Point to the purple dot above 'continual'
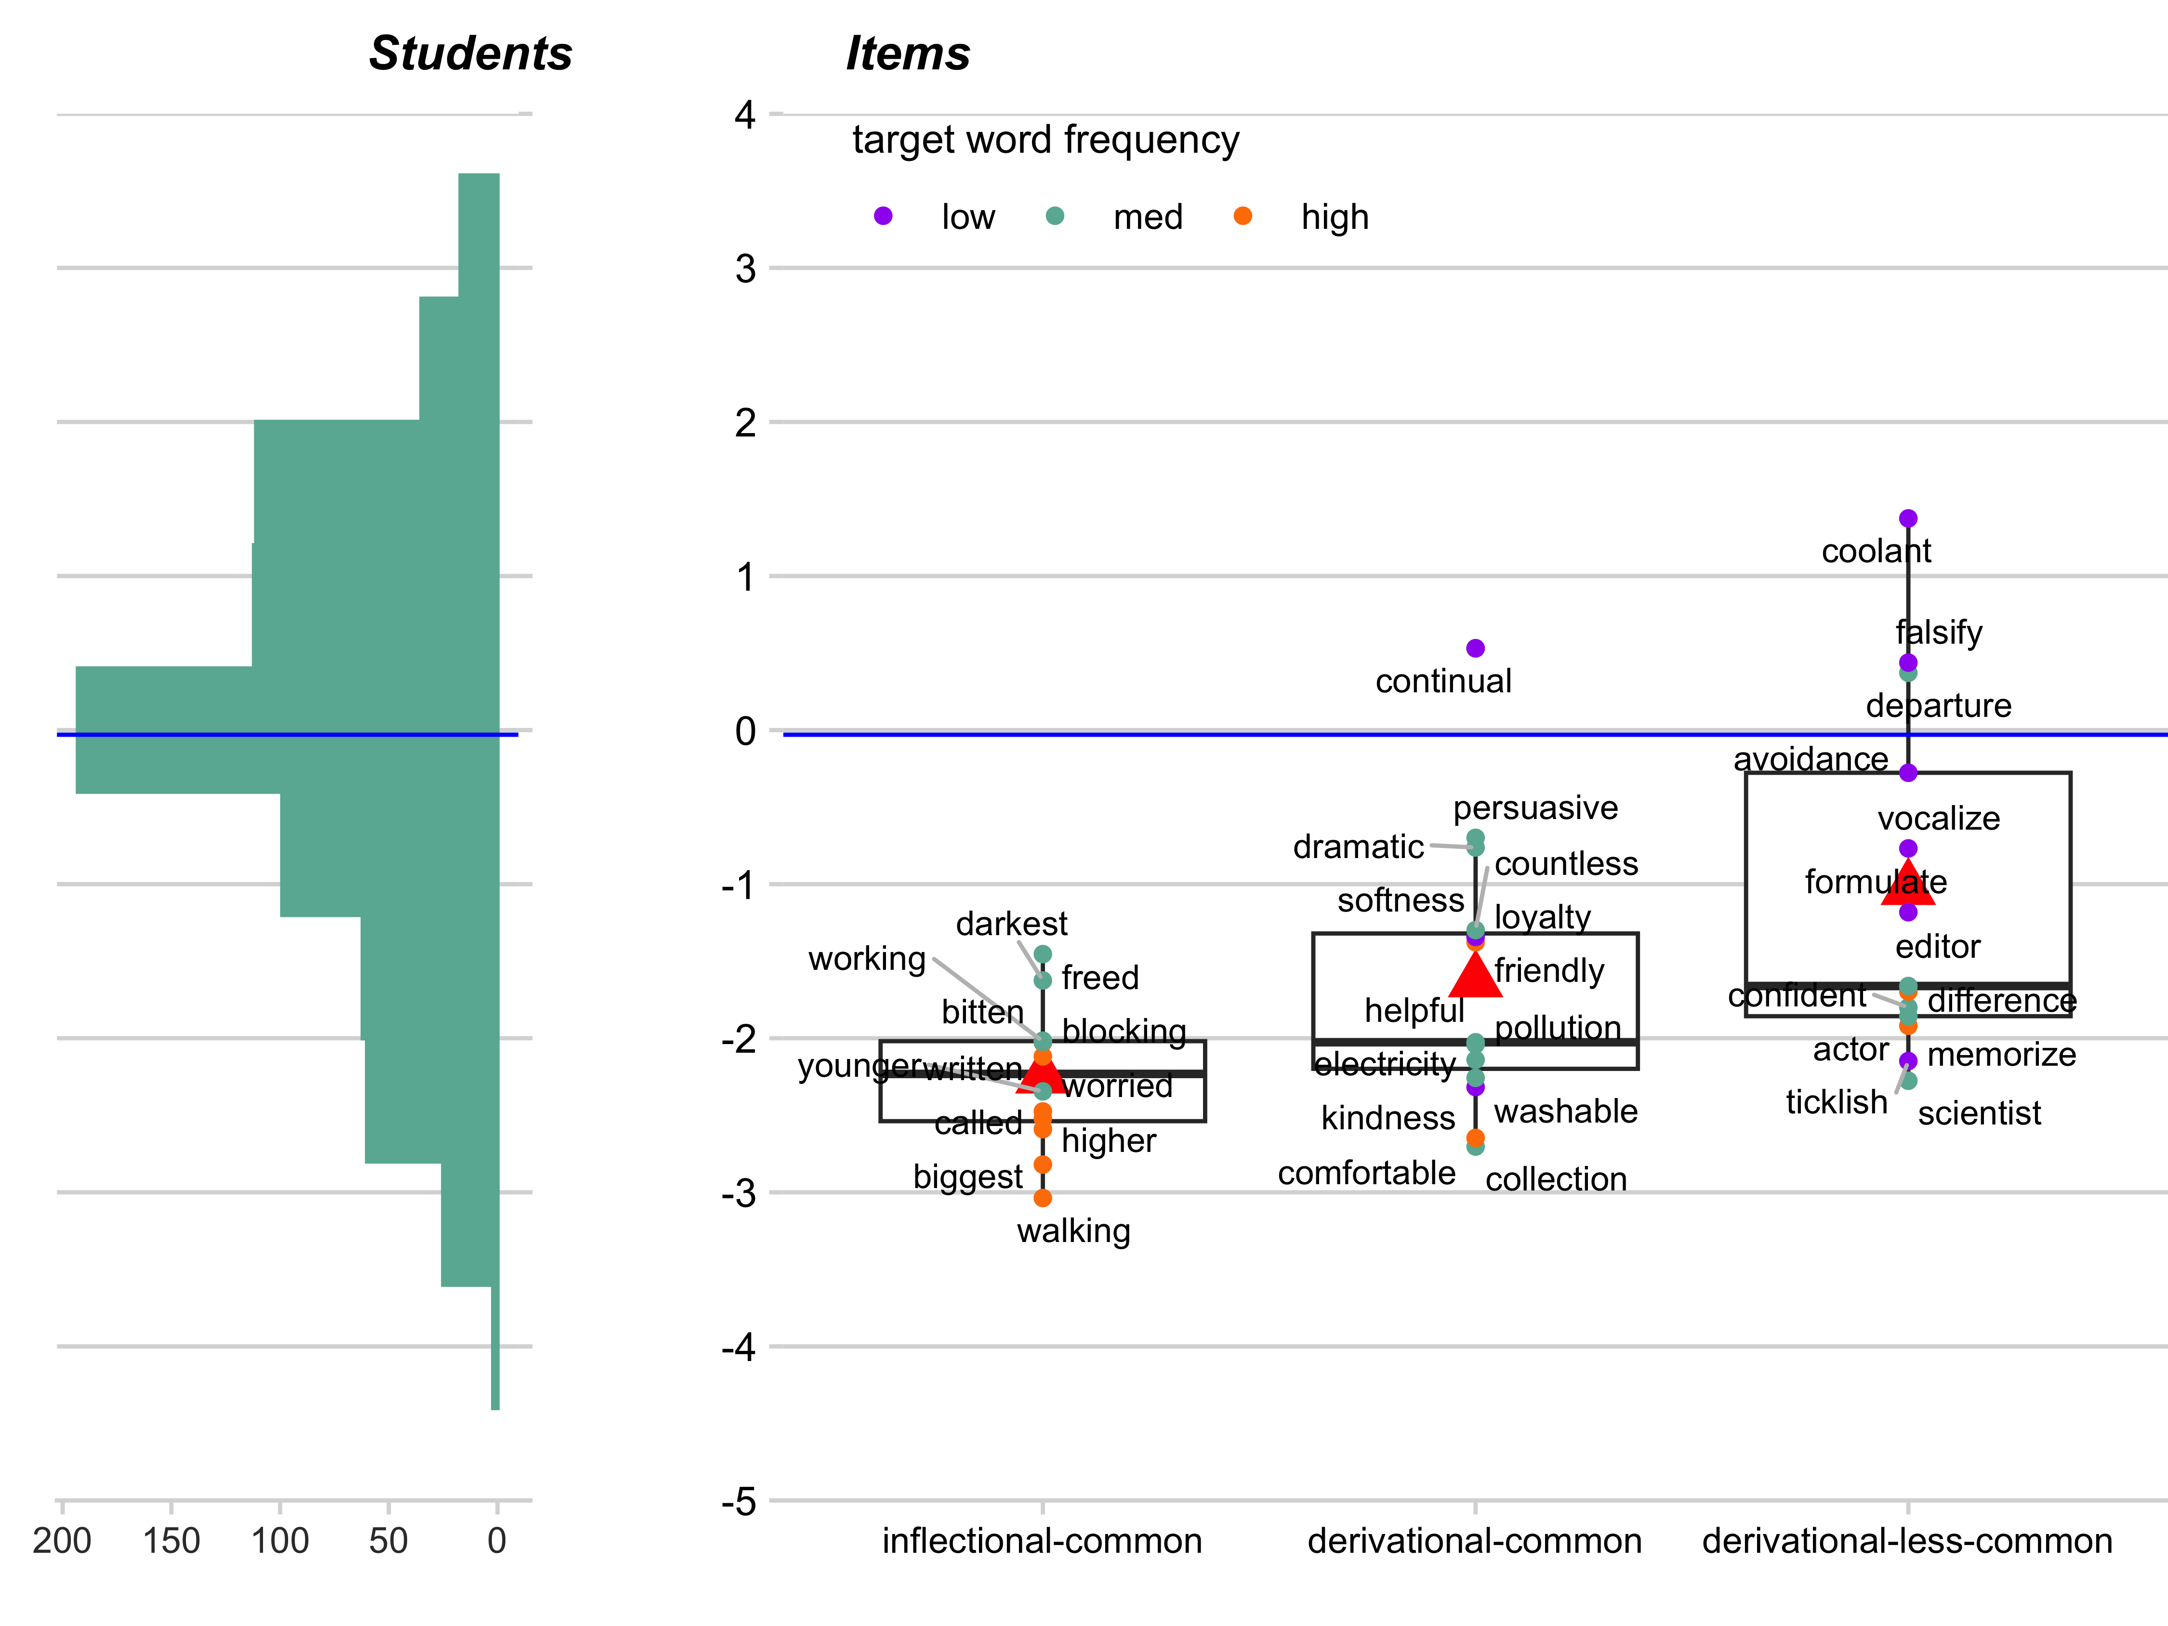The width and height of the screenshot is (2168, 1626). (1475, 648)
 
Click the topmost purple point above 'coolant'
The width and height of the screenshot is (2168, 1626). (1907, 518)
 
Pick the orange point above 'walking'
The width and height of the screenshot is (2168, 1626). (1043, 1198)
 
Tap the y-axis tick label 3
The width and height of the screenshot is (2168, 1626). (746, 268)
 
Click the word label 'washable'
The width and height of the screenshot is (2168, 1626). (1565, 1111)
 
